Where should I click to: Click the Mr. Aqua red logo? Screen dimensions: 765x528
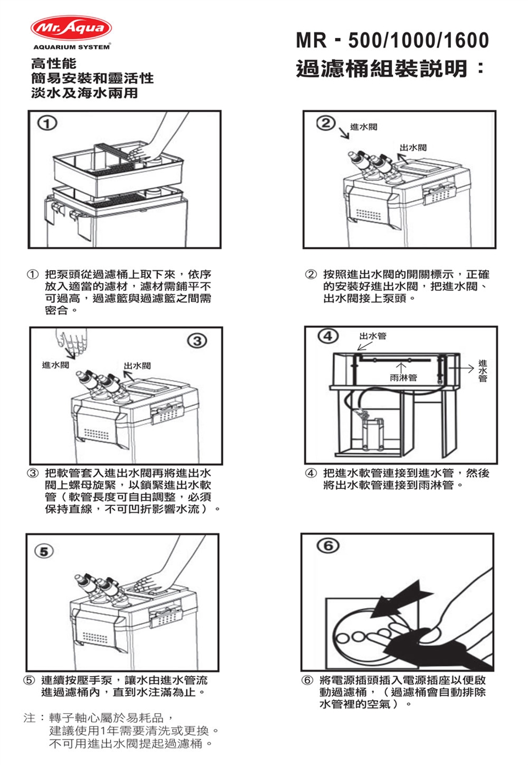71,28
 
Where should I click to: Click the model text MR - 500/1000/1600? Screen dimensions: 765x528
392,40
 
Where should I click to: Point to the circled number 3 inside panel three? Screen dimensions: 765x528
198,340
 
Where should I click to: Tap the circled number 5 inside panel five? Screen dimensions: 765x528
45,551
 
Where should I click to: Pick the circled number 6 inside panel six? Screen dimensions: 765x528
328,546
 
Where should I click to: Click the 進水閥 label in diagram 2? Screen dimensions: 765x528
364,127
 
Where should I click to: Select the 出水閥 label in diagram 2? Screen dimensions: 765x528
413,148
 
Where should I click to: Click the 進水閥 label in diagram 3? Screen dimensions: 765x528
56,365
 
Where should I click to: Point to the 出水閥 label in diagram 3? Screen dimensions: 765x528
137,366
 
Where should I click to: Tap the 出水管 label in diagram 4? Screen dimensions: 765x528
373,336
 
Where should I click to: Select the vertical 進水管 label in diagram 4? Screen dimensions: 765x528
482,371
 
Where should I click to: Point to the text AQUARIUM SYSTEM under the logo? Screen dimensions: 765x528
71,47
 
